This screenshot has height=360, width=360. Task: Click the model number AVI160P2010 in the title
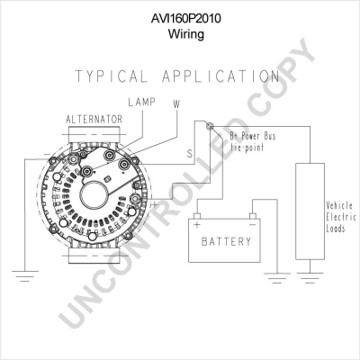coord(185,18)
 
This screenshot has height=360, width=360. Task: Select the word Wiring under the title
coord(186,33)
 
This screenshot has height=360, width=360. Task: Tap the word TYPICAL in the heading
coord(112,76)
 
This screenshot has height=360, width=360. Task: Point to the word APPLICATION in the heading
coord(221,76)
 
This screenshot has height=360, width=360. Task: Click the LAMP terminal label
coord(142,102)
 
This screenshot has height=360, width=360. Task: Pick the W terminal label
coord(176,104)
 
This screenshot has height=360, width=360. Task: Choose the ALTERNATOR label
coord(94,120)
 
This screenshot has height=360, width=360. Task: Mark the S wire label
coord(190,154)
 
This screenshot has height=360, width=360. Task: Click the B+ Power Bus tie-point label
coord(253,141)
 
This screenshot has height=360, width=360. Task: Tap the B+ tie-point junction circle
coord(210,126)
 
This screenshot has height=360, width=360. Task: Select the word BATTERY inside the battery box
coord(226,241)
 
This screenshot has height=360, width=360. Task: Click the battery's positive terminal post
coord(197,216)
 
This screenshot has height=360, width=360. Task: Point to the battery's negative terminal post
coord(253,216)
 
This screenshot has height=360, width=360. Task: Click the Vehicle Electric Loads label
coord(341,217)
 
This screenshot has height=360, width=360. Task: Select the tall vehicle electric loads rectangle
coord(310,211)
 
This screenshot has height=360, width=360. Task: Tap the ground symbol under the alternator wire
coord(25,276)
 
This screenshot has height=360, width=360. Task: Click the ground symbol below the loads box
coord(310,278)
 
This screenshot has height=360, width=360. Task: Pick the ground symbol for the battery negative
coord(277,278)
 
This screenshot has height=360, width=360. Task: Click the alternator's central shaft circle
coord(94,196)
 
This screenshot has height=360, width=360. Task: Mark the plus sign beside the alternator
coord(154,205)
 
